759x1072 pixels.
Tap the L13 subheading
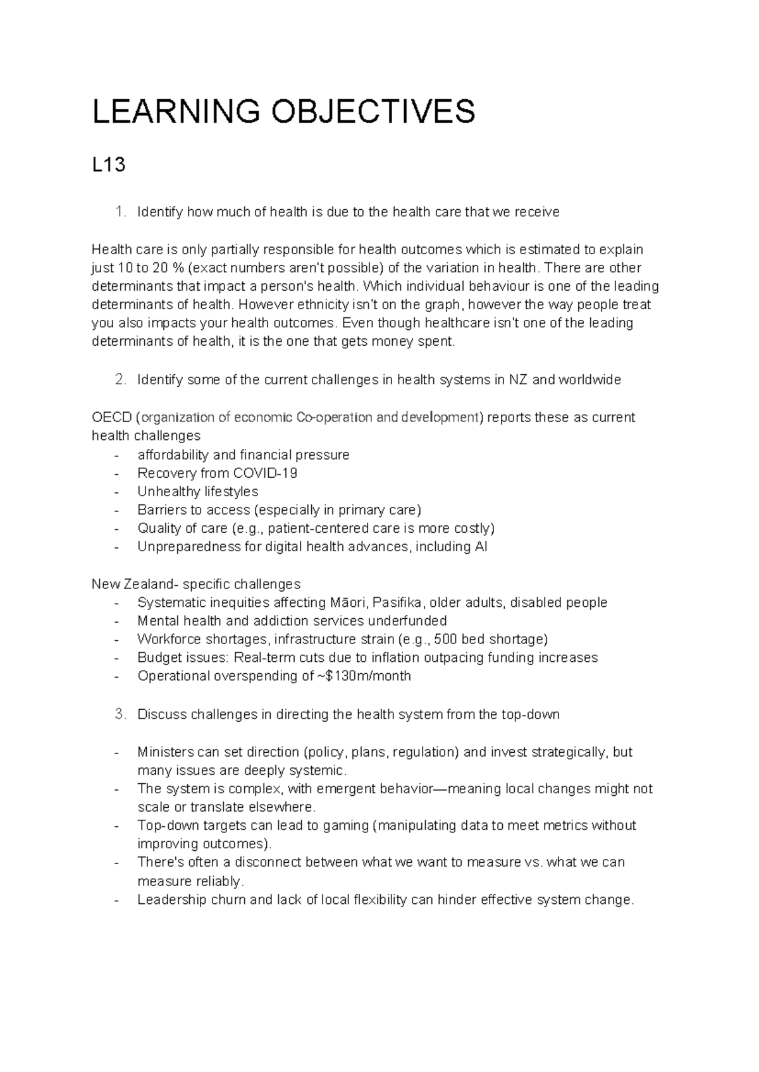pyautogui.click(x=109, y=166)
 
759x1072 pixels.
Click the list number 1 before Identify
pyautogui.click(x=121, y=212)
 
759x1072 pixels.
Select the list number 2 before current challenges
pyautogui.click(x=121, y=380)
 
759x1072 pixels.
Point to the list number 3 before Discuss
pyautogui.click(x=121, y=715)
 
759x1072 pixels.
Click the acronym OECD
pyautogui.click(x=111, y=418)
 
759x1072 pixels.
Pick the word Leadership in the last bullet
pyautogui.click(x=171, y=900)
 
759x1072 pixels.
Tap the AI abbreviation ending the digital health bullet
pyautogui.click(x=481, y=547)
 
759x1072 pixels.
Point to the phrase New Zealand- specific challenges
pyautogui.click(x=196, y=584)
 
